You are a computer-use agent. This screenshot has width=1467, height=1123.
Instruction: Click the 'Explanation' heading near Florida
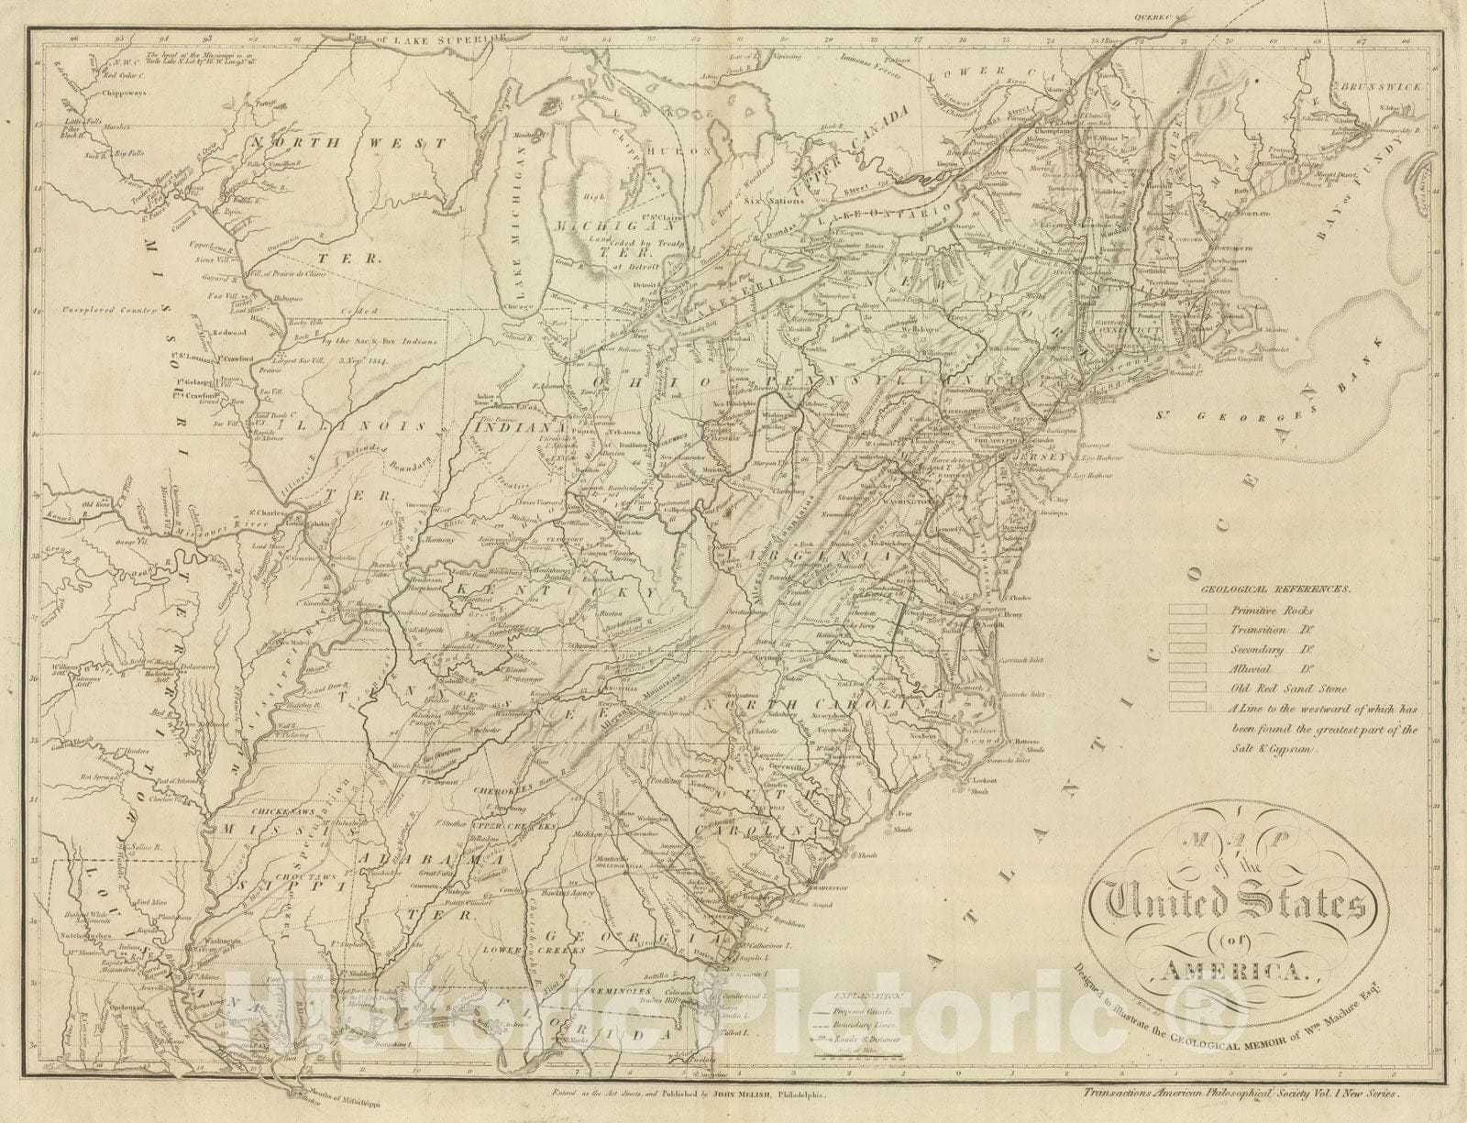[855, 993]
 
